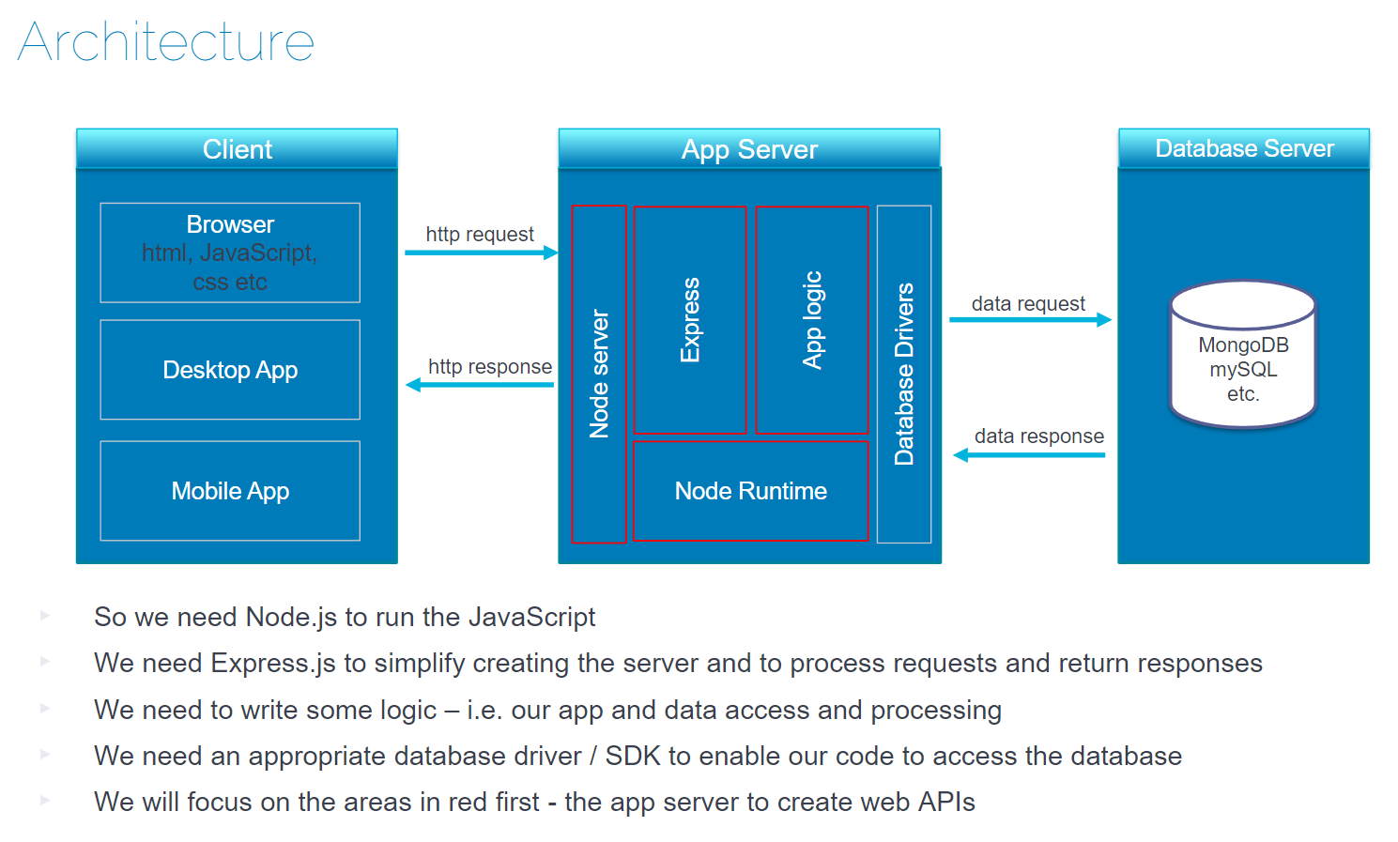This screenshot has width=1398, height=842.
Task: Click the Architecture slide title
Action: [x=166, y=42]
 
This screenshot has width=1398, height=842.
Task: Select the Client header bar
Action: [x=237, y=149]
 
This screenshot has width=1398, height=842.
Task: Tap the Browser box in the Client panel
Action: [x=230, y=253]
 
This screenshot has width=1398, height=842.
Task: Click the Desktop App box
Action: [x=230, y=370]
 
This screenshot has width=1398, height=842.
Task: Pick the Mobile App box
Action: [x=230, y=491]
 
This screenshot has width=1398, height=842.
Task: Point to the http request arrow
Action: [x=481, y=253]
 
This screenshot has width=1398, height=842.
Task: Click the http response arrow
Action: [x=480, y=384]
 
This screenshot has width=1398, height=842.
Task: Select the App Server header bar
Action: [x=749, y=149]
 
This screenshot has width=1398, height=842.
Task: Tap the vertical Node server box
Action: [x=599, y=374]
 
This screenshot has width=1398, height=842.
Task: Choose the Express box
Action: [x=690, y=320]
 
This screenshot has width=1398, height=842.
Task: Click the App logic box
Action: [x=812, y=320]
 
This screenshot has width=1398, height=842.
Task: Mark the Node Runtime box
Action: [x=750, y=491]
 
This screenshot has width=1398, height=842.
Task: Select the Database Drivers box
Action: [x=904, y=374]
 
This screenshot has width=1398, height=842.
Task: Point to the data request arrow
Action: [x=1030, y=320]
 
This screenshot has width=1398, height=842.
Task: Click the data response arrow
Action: [x=1029, y=455]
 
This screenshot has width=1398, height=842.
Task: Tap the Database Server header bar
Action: [x=1244, y=149]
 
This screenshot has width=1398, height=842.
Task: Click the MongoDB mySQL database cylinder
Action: [x=1243, y=357]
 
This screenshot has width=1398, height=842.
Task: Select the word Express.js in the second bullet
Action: [x=273, y=664]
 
